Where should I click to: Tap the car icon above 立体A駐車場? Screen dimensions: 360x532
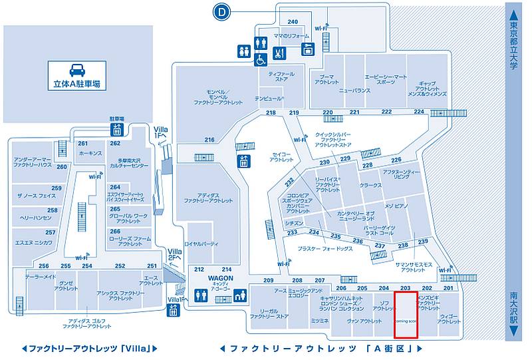(76, 69)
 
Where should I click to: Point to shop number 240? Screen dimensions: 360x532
(293, 23)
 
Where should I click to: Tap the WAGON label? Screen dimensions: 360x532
(219, 277)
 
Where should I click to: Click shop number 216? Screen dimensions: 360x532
(209, 140)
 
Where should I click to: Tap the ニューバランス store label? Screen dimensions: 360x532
(354, 90)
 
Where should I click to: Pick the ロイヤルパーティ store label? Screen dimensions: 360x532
(202, 244)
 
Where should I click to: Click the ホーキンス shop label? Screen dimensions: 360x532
(90, 152)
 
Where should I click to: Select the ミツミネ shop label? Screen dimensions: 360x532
(320, 321)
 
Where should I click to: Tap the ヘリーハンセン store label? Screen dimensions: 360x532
(35, 218)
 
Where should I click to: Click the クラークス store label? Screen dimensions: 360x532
(370, 186)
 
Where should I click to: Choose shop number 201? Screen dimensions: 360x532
(448, 287)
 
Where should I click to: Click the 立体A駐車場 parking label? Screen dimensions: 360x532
(76, 85)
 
